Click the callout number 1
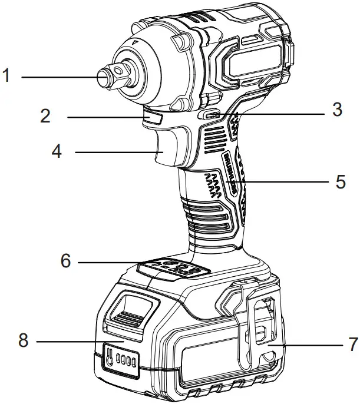tap(6, 76)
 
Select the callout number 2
tap(45, 115)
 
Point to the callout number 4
tap(57, 152)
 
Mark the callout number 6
tap(65, 260)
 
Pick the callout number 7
tap(352, 343)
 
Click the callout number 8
tap(24, 340)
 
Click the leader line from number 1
tap(56, 76)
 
